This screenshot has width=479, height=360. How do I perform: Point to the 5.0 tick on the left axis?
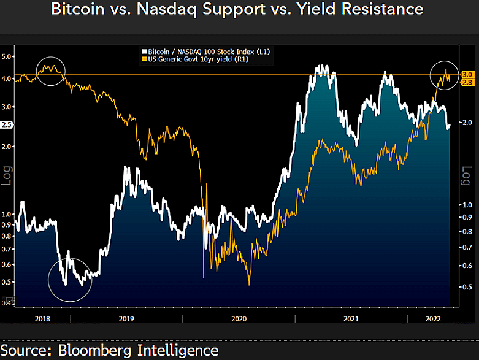click(x=7, y=56)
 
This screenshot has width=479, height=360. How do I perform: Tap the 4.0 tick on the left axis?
click(x=7, y=79)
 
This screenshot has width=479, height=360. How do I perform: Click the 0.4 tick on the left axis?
click(x=7, y=302)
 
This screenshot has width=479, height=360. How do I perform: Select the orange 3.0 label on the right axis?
click(x=466, y=74)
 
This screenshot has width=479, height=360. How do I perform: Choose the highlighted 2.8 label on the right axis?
click(x=466, y=82)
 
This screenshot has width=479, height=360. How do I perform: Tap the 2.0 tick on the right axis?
click(x=467, y=123)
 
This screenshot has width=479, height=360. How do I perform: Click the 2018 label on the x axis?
click(x=43, y=319)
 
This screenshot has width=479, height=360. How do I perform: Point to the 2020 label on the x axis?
click(x=238, y=319)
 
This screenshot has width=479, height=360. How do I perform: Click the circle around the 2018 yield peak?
click(x=51, y=71)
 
